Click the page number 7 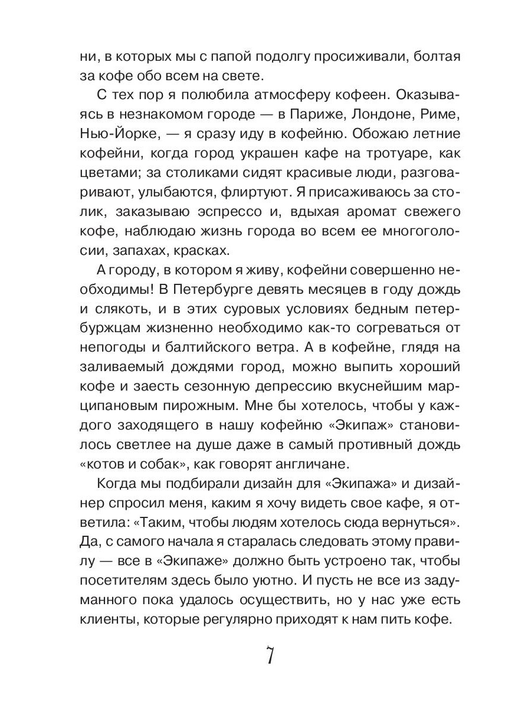pos(268,655)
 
